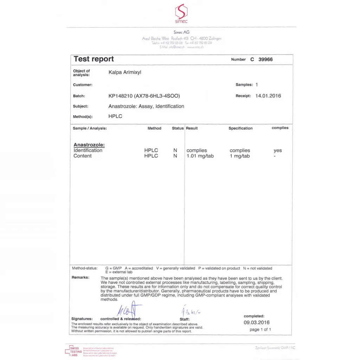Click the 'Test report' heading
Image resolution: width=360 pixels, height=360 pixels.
tap(94, 59)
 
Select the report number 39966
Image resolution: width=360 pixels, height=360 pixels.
tap(265, 59)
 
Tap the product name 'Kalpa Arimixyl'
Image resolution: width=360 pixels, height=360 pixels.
tap(125, 72)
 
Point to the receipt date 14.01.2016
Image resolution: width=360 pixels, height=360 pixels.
tap(268, 96)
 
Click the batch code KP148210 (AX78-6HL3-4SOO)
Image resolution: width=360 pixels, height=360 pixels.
tap(144, 96)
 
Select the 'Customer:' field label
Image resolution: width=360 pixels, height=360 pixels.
tap(83, 85)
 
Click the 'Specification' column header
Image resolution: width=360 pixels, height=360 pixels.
tap(240, 128)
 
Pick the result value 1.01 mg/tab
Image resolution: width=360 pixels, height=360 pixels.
tap(200, 156)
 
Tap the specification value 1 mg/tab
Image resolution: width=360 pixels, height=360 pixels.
tap(240, 156)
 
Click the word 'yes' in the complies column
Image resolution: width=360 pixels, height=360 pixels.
tap(278, 150)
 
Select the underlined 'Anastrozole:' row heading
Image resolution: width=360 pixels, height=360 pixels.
tap(89, 145)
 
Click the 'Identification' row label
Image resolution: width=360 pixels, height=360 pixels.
tap(88, 150)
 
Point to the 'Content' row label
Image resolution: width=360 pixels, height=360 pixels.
tap(83, 156)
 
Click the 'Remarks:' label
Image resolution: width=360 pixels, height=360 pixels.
tap(81, 277)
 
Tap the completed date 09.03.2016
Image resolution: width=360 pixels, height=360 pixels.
tap(257, 322)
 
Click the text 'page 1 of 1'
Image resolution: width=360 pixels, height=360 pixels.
tap(260, 329)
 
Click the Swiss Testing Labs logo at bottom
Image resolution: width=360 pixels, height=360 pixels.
tap(73, 351)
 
